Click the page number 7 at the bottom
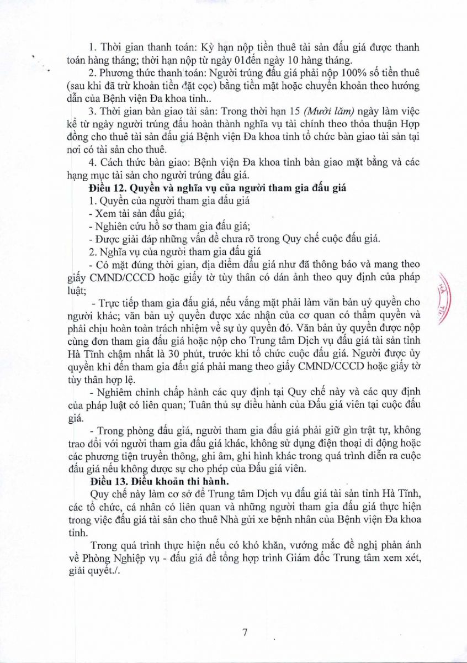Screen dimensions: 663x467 (243, 633)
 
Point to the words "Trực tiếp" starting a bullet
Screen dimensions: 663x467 (119, 303)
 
